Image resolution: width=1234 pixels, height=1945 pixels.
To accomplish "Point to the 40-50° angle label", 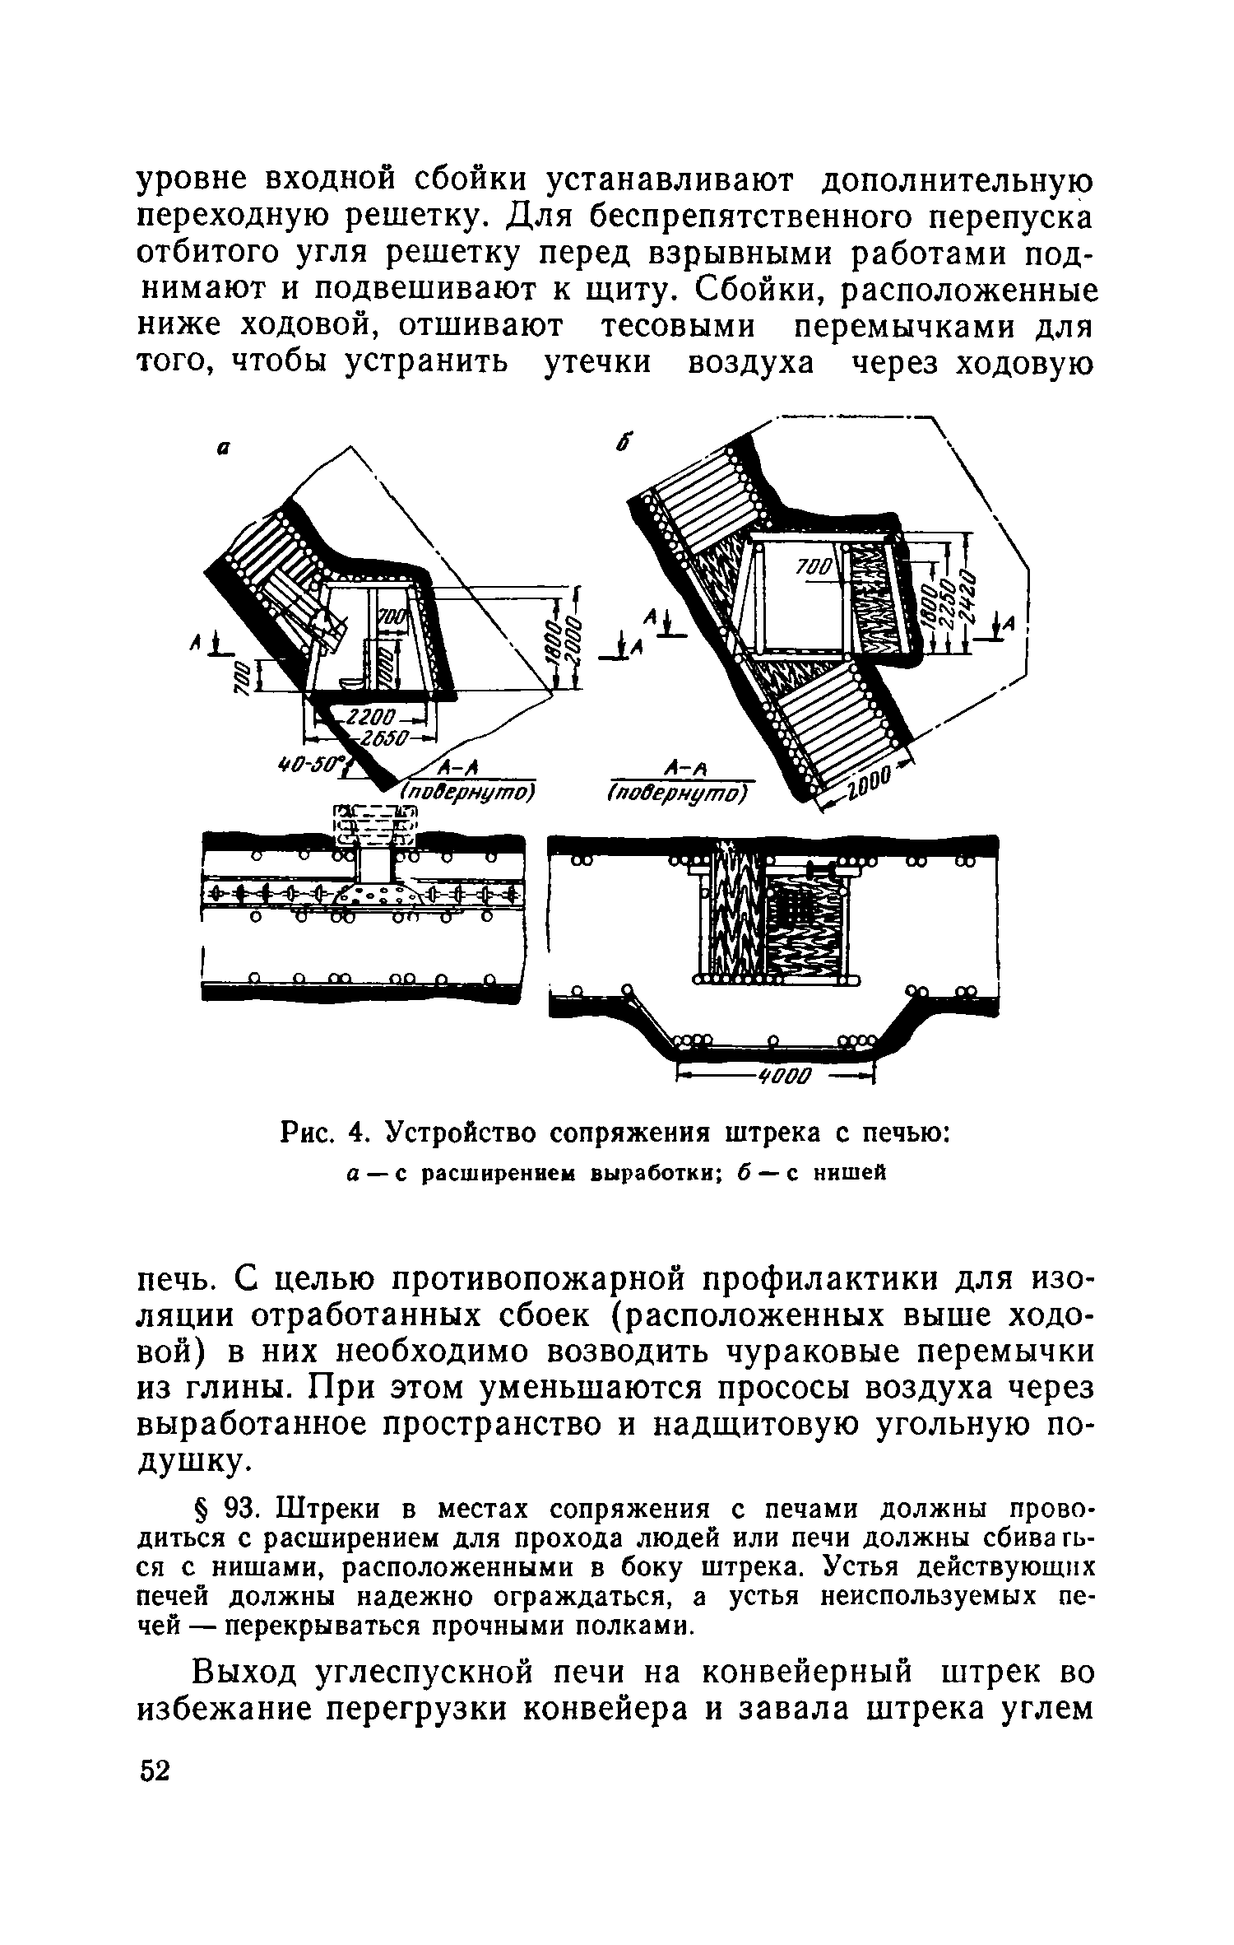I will click(x=310, y=765).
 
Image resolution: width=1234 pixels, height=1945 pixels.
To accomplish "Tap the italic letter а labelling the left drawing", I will click(x=221, y=449).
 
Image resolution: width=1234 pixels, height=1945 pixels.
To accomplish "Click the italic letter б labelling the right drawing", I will click(x=624, y=443).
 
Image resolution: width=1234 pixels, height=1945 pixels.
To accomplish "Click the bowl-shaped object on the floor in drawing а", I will click(x=350, y=683).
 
